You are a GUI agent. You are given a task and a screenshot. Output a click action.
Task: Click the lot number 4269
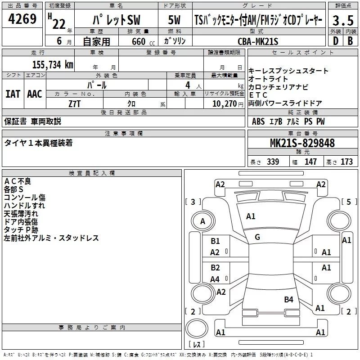tap(22, 20)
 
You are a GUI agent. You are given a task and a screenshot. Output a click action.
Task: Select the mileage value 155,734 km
tap(52, 64)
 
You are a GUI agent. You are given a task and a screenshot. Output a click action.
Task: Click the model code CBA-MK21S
tap(258, 41)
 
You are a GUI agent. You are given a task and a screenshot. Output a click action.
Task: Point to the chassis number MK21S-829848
tap(302, 143)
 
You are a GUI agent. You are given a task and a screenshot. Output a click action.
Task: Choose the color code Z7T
tap(75, 103)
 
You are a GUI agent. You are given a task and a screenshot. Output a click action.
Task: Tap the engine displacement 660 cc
tap(136, 41)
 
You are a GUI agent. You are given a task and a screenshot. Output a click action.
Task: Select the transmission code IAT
tap(13, 94)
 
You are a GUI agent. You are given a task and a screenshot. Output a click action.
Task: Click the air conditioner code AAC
tap(35, 94)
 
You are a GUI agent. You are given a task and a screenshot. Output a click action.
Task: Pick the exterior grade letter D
tap(335, 41)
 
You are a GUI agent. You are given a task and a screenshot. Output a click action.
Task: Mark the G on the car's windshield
tap(257, 237)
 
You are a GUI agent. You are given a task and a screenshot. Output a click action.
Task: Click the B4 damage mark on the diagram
tap(288, 299)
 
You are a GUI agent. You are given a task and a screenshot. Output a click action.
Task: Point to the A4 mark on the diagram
tap(215, 279)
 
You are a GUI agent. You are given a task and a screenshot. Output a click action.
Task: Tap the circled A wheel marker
tap(202, 221)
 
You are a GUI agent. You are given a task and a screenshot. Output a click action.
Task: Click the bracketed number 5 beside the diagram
tap(348, 202)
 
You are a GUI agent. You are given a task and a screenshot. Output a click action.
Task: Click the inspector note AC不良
tap(18, 181)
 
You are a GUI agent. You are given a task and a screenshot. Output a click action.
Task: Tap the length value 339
tap(272, 162)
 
